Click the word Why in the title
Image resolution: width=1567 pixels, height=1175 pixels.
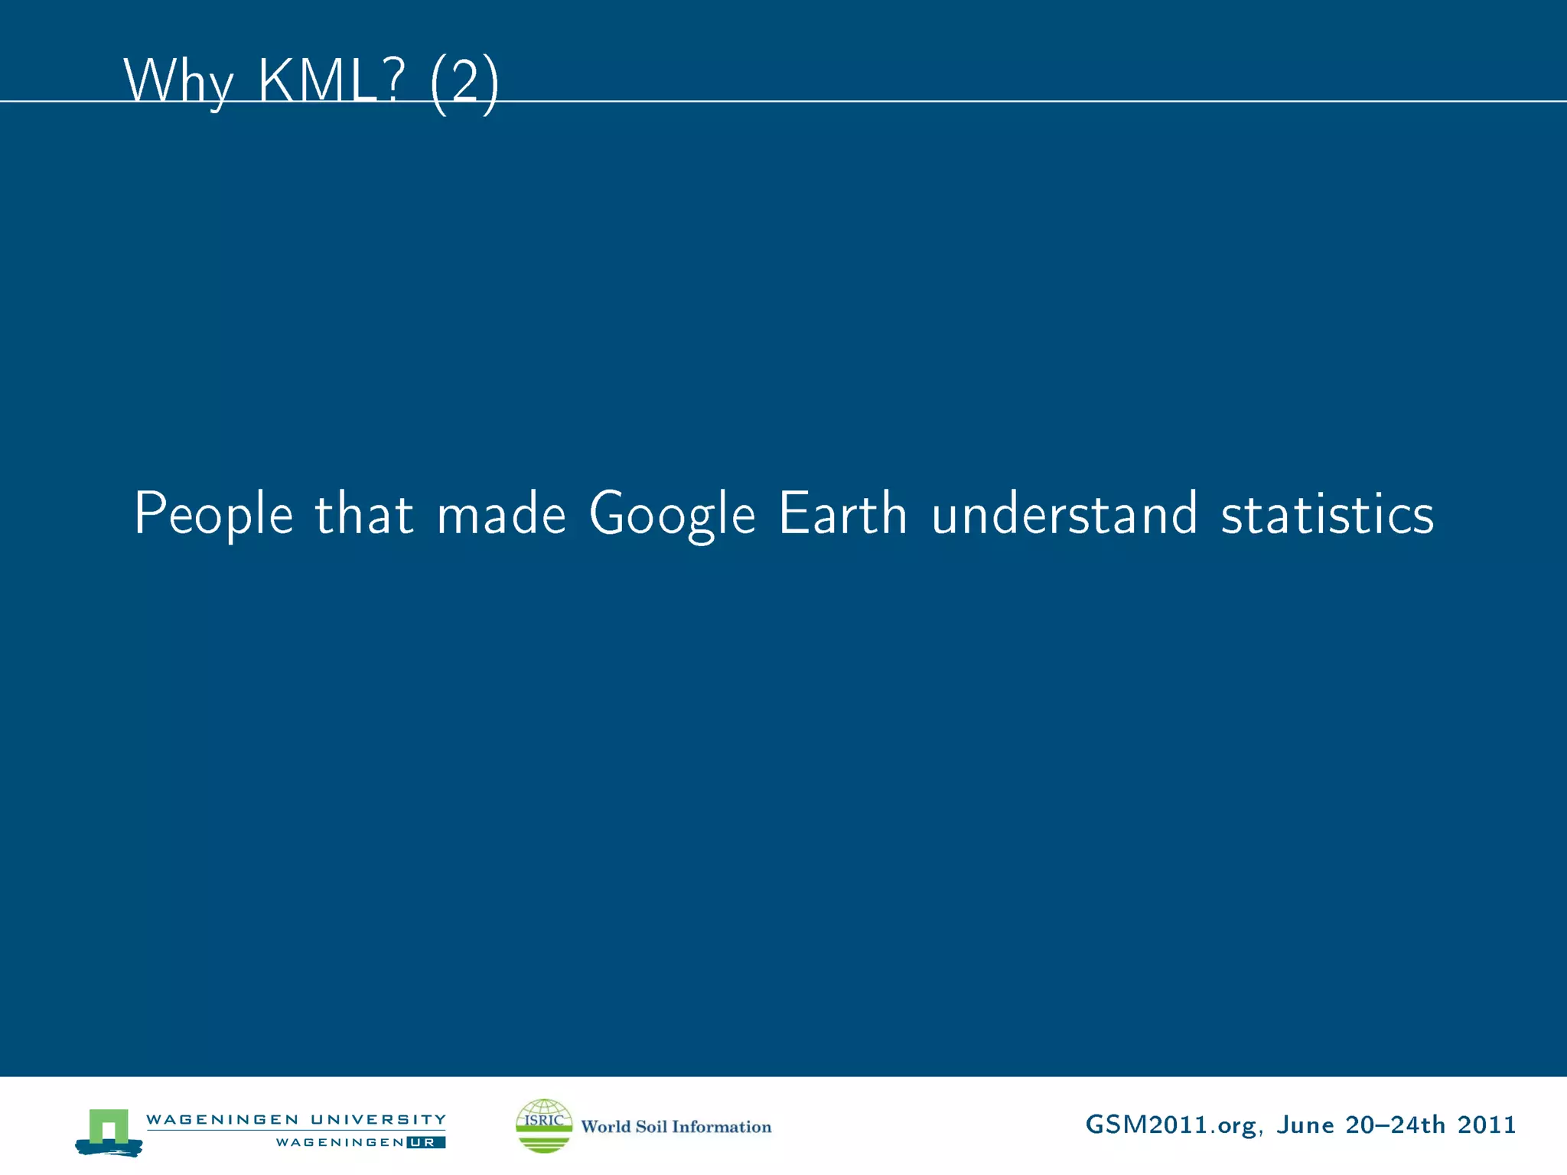pyautogui.click(x=178, y=81)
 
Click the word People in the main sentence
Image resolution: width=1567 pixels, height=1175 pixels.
pyautogui.click(x=213, y=514)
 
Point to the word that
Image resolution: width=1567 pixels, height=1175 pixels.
pyautogui.click(x=364, y=513)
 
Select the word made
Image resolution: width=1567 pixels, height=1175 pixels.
pyautogui.click(x=501, y=513)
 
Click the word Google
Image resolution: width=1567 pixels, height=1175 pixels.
pyautogui.click(x=672, y=514)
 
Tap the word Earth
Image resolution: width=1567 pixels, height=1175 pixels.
pyautogui.click(x=842, y=513)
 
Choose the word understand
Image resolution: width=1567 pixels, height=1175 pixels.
pyautogui.click(x=1064, y=513)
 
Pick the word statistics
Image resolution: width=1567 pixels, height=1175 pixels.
pyautogui.click(x=1327, y=513)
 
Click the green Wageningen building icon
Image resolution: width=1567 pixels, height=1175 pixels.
pyautogui.click(x=109, y=1129)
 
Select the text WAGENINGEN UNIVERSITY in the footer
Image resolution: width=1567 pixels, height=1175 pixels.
pyautogui.click(x=295, y=1119)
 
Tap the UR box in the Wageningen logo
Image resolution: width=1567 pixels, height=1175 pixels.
pyautogui.click(x=425, y=1143)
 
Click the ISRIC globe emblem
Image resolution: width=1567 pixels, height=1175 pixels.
pyautogui.click(x=544, y=1125)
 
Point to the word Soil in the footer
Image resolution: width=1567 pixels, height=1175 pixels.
pyautogui.click(x=651, y=1127)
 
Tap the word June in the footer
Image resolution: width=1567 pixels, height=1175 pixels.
pyautogui.click(x=1305, y=1125)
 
